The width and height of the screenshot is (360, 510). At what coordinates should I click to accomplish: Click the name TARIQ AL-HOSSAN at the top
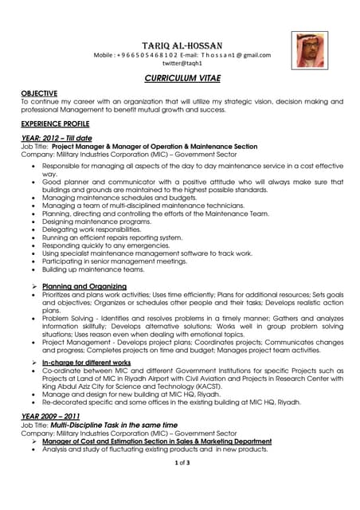(x=181, y=45)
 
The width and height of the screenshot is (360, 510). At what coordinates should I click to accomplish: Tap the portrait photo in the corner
(x=308, y=50)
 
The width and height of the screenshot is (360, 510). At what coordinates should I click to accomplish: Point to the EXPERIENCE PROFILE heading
(x=56, y=124)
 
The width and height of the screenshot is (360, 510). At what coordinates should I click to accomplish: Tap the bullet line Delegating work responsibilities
(x=96, y=229)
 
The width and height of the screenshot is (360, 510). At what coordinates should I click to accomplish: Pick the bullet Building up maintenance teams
(x=94, y=269)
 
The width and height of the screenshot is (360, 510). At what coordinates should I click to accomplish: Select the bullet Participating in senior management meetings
(x=115, y=261)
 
